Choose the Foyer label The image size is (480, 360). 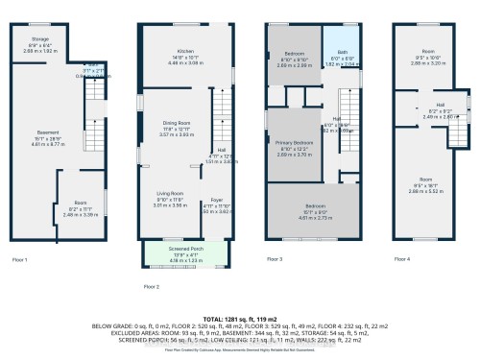tap(217, 199)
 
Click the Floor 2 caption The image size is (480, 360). tap(151, 286)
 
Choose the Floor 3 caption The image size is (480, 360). tap(275, 259)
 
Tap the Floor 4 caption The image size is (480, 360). tap(402, 259)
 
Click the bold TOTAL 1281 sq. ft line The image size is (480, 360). tap(240, 317)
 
